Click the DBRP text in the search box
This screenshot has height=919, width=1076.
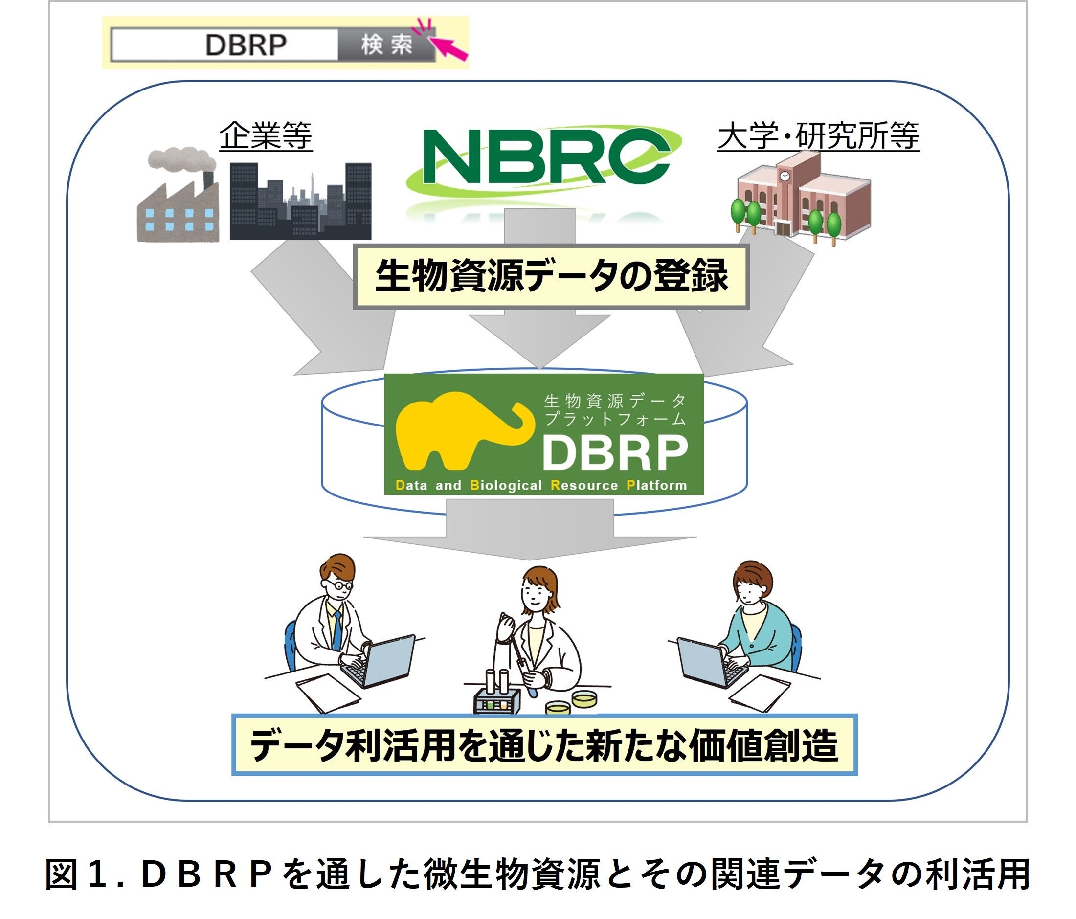(246, 45)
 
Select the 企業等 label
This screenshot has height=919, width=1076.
(266, 136)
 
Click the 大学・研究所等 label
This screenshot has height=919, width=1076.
(818, 136)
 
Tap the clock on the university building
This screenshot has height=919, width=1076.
(784, 176)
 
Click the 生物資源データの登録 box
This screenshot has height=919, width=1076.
(551, 277)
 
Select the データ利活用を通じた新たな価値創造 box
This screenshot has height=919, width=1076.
(544, 745)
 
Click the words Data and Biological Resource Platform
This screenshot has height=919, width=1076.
(540, 486)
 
